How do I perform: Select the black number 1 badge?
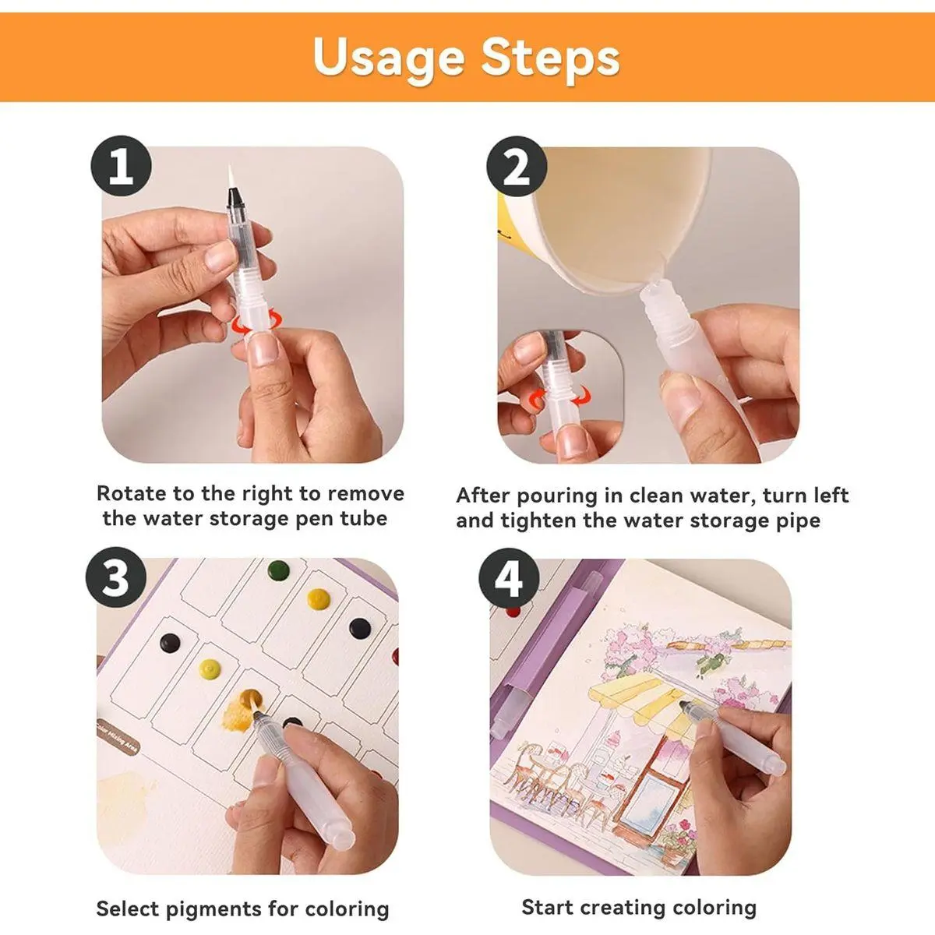tap(121, 166)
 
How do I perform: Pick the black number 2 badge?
tap(517, 167)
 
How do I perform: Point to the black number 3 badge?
tap(116, 577)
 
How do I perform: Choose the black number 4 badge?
tap(509, 577)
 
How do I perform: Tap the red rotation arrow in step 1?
tap(256, 321)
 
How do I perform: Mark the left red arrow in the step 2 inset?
tap(537, 400)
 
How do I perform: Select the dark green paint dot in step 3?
tap(278, 570)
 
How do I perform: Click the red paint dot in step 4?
tap(513, 612)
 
